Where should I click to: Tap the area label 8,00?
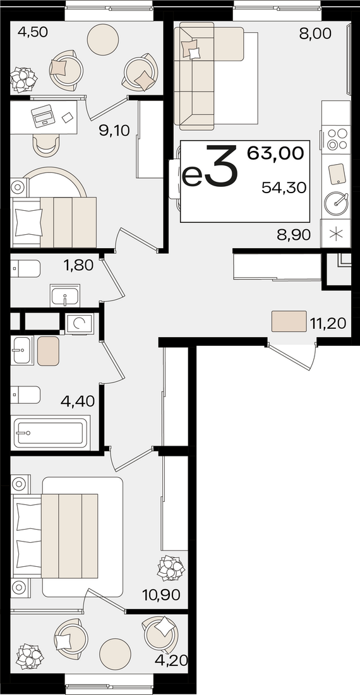tap(315, 33)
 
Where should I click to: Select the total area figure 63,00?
tap(275, 153)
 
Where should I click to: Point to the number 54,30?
tap(284, 188)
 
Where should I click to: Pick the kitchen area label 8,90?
tap(292, 235)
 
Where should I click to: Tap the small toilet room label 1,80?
tap(78, 266)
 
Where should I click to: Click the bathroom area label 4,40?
tap(78, 402)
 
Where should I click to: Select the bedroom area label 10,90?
tap(162, 595)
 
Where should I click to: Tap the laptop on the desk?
tap(43, 116)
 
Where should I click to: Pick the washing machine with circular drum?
tap(80, 324)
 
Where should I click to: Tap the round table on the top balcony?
tap(103, 39)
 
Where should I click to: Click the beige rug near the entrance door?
tap(289, 321)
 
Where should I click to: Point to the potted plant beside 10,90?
tap(171, 567)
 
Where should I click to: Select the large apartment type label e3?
tap(210, 169)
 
